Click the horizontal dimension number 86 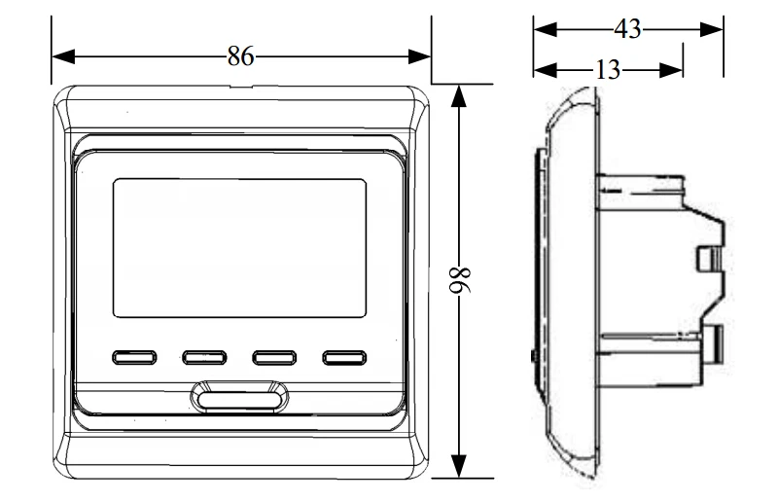240,56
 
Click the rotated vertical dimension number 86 459,281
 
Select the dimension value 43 627,29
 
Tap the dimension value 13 608,70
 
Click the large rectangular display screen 239,248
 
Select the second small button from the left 204,357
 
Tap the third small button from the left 274,357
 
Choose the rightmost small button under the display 344,357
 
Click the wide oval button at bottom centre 239,398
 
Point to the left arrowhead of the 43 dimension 546,29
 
